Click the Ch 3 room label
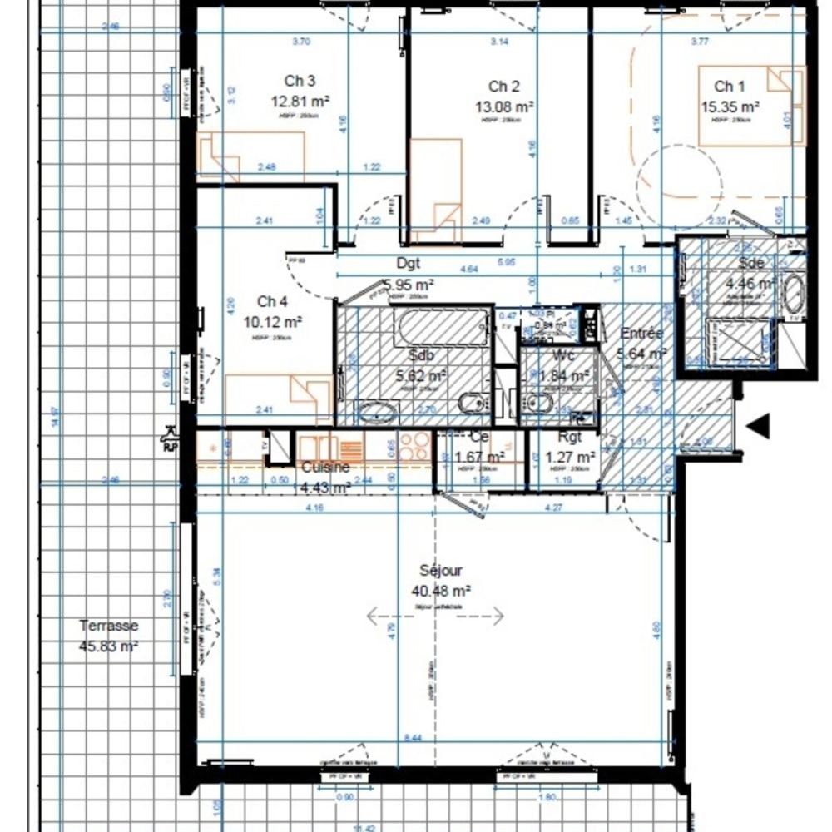tap(300, 81)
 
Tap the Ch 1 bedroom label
tap(729, 86)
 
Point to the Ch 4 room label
tap(273, 301)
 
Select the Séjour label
tap(441, 571)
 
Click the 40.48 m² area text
tap(441, 591)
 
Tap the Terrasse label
tap(109, 626)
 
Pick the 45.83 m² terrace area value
tap(109, 646)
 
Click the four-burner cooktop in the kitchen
tap(414, 447)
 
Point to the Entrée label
tap(641, 333)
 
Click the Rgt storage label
tap(570, 438)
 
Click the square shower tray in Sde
tap(737, 341)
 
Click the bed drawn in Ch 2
tap(437, 191)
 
